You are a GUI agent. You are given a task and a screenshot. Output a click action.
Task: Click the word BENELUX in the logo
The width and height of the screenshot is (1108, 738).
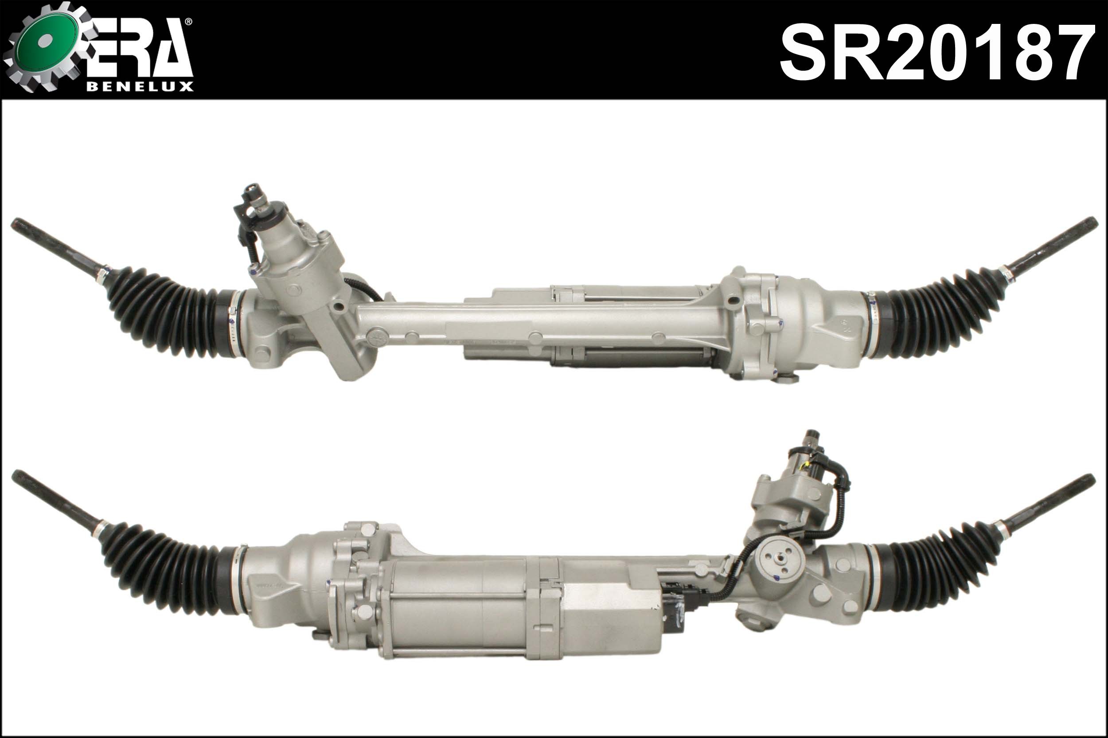pos(140,87)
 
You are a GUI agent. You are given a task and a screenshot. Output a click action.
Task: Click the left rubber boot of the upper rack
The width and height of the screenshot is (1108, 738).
pos(170,313)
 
